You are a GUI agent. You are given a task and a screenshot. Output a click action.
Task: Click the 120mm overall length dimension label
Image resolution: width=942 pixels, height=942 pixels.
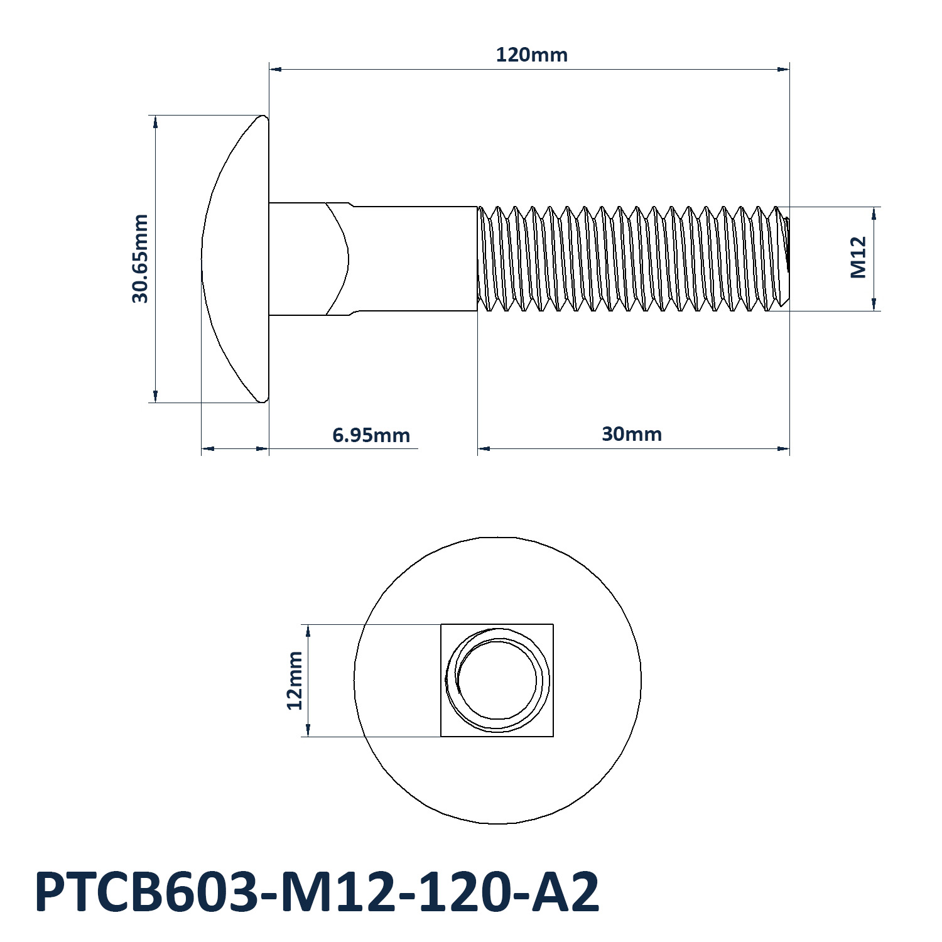[x=531, y=55]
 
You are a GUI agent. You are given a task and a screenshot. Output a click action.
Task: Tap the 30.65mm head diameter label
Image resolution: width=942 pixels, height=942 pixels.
[x=140, y=259]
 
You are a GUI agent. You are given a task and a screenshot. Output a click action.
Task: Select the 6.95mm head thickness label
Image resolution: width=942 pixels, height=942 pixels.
[x=371, y=435]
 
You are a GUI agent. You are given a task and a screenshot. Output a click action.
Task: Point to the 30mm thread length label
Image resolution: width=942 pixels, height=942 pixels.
[x=632, y=434]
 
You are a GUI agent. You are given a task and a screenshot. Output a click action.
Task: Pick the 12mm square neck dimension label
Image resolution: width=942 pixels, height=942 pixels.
[x=295, y=680]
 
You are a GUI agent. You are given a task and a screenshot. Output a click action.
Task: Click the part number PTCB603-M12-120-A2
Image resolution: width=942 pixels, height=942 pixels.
[x=318, y=892]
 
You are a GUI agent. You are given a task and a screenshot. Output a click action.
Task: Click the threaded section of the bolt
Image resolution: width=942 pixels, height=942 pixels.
[x=633, y=259]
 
